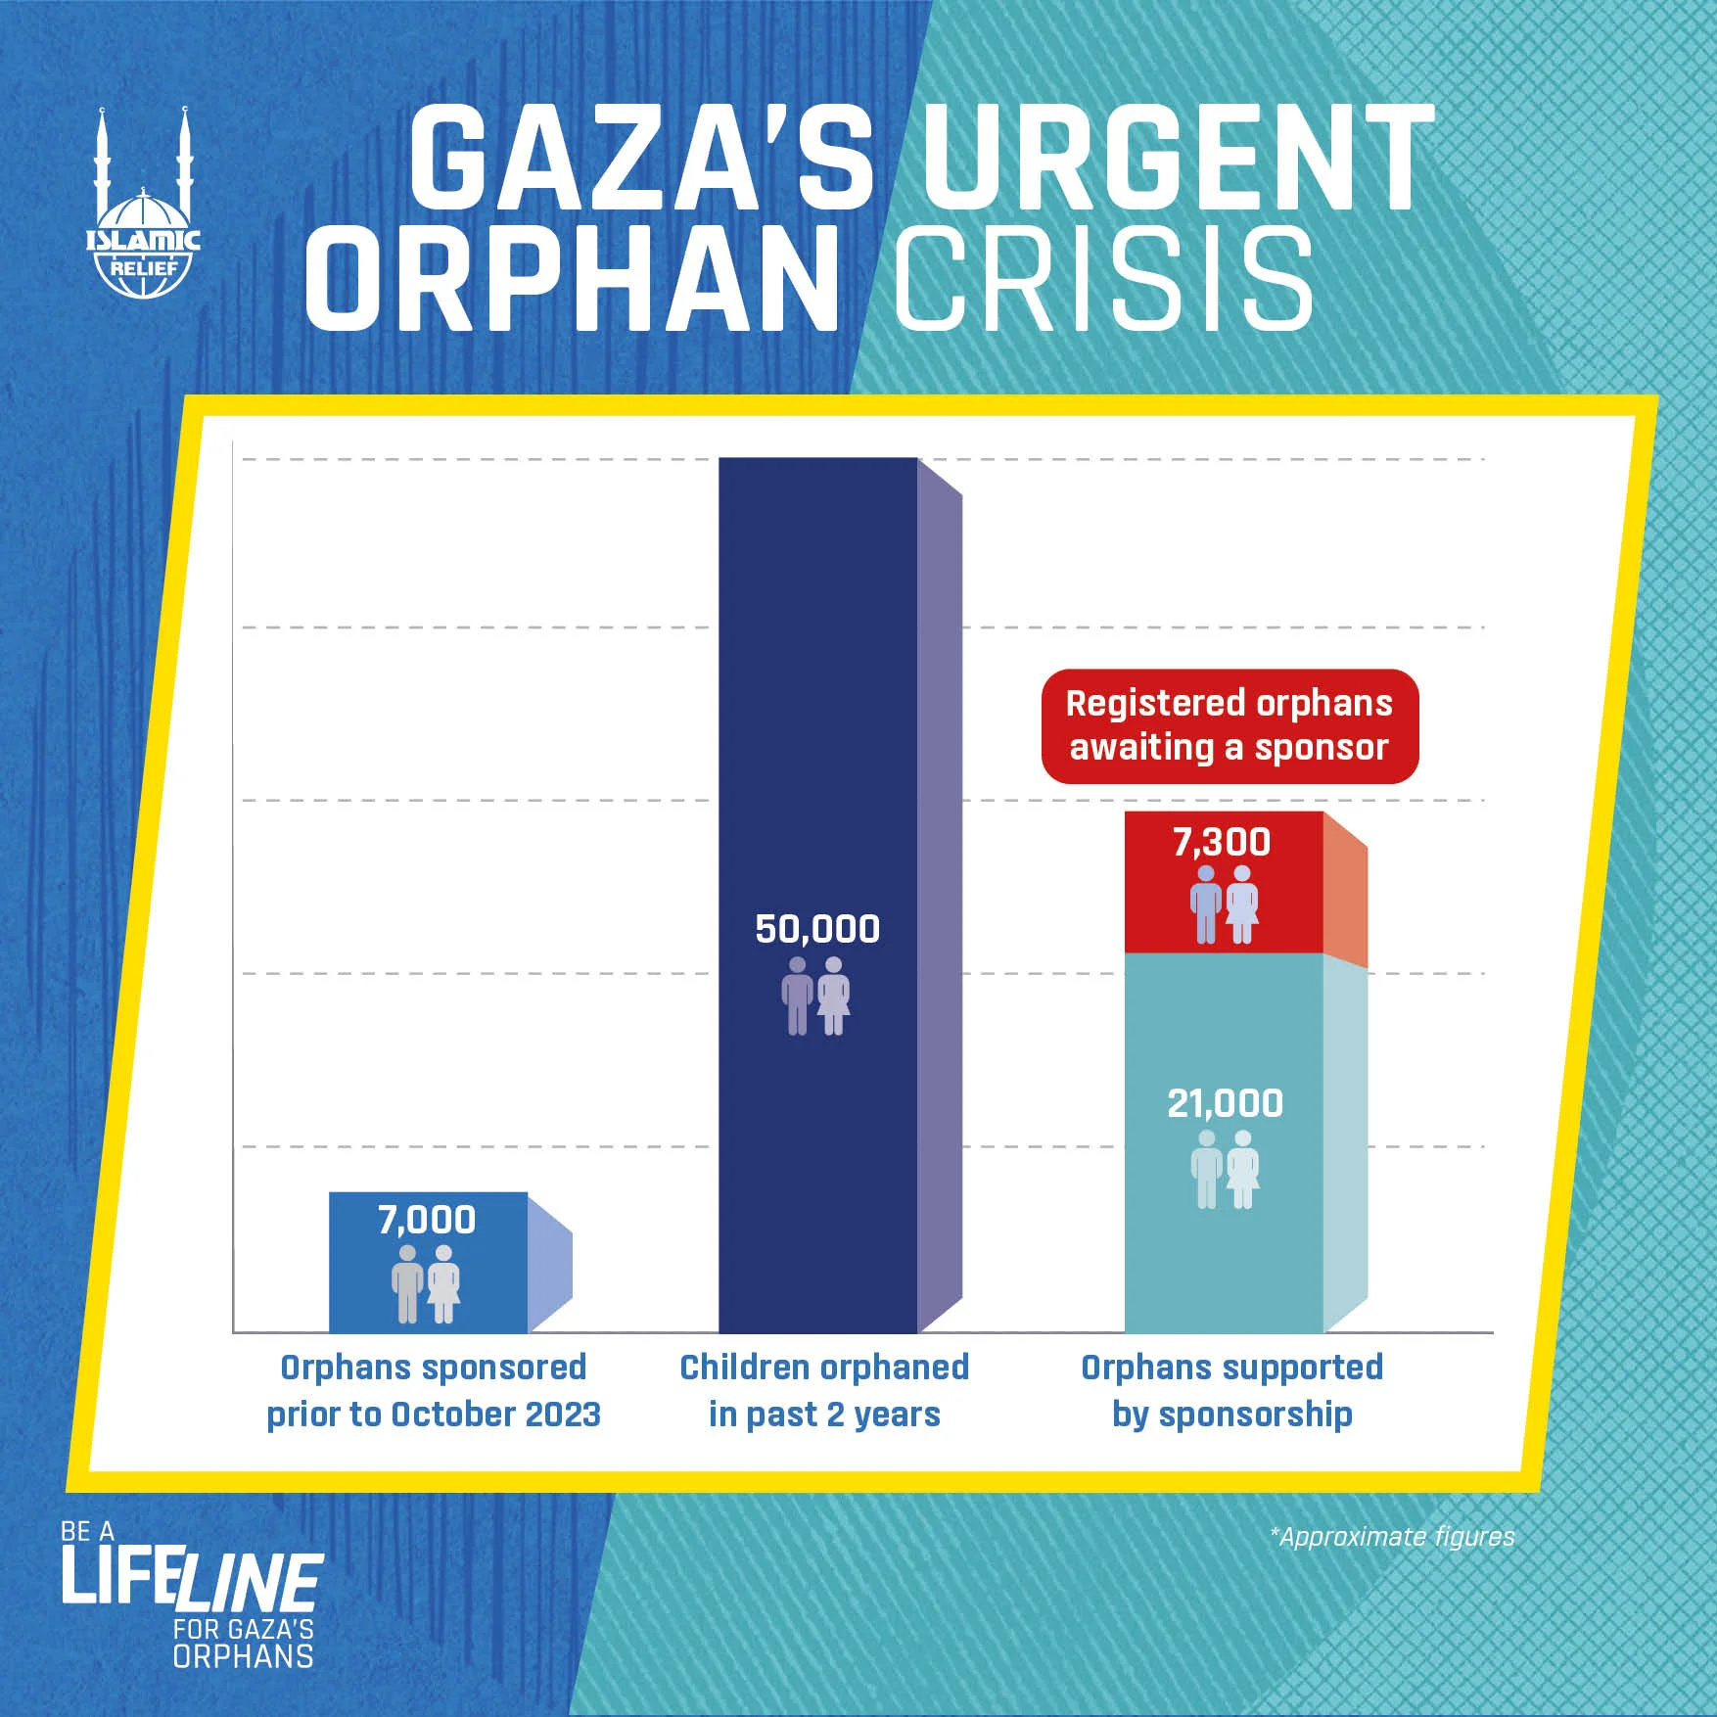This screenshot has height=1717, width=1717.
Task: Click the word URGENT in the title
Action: pyautogui.click(x=1178, y=159)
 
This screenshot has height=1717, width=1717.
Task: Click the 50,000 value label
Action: pyautogui.click(x=817, y=929)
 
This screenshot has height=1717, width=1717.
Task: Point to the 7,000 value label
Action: pyautogui.click(x=427, y=1220)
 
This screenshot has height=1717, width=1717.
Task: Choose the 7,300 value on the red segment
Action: pyautogui.click(x=1222, y=842)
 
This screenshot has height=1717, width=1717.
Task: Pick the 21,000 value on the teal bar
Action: pyautogui.click(x=1225, y=1103)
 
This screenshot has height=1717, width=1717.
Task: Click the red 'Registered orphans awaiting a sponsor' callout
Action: pyautogui.click(x=1230, y=725)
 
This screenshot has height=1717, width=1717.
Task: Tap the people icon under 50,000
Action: pyautogui.click(x=816, y=996)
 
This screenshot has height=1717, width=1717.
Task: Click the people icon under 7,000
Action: pyautogui.click(x=426, y=1283)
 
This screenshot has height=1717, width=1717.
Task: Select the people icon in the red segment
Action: pyautogui.click(x=1225, y=905)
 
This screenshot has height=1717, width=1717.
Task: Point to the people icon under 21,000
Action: pyautogui.click(x=1225, y=1169)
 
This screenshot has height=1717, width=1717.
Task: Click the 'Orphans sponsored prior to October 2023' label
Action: pyautogui.click(x=434, y=1390)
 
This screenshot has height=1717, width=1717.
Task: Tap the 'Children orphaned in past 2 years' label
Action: pyautogui.click(x=824, y=1390)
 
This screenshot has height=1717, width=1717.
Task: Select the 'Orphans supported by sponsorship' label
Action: pyautogui.click(x=1232, y=1390)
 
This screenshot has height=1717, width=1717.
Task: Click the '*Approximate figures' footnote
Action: pyautogui.click(x=1392, y=1536)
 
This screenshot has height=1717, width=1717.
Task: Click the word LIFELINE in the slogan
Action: pyautogui.click(x=192, y=1580)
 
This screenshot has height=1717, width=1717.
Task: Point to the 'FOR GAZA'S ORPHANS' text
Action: pyautogui.click(x=243, y=1643)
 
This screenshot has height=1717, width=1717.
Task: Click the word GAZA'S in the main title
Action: pyautogui.click(x=641, y=159)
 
